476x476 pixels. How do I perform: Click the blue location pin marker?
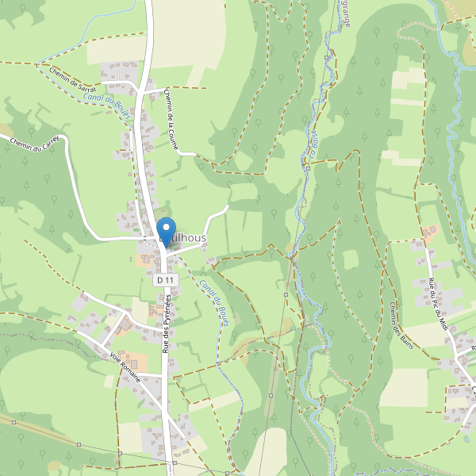coord(166,228)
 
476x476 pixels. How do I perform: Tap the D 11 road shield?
coord(164,280)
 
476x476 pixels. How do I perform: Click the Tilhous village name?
coord(184,238)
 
